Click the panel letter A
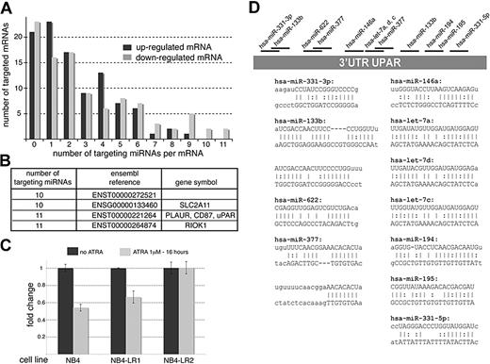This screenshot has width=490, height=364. tap(8, 8)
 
